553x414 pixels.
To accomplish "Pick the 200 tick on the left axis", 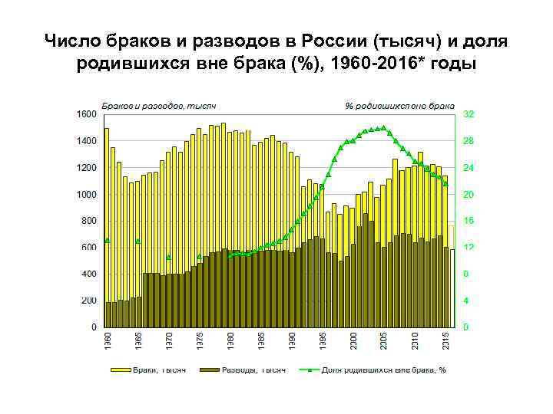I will (x=88, y=301).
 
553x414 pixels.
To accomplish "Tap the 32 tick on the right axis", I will (x=469, y=113).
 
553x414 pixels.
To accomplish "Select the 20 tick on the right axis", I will (x=469, y=194).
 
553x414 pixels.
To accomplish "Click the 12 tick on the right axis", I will (x=469, y=248).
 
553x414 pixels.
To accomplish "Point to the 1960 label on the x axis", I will (x=107, y=341).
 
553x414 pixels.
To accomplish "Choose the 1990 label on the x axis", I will (x=291, y=341).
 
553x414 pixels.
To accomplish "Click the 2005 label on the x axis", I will (x=383, y=341).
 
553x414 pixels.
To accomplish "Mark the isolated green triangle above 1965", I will (x=138, y=241).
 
